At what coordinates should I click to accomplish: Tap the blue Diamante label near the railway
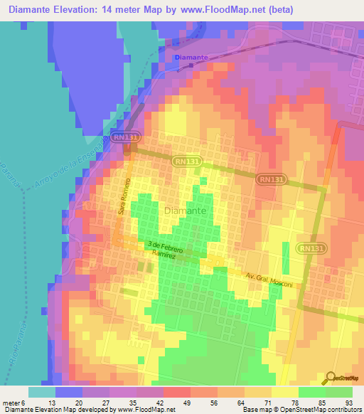click(x=191, y=57)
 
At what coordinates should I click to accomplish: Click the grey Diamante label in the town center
click(x=186, y=211)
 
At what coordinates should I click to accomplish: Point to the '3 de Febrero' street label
click(x=166, y=246)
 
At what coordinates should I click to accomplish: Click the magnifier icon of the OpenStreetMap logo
click(x=330, y=378)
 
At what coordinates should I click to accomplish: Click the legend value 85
click(x=321, y=402)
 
